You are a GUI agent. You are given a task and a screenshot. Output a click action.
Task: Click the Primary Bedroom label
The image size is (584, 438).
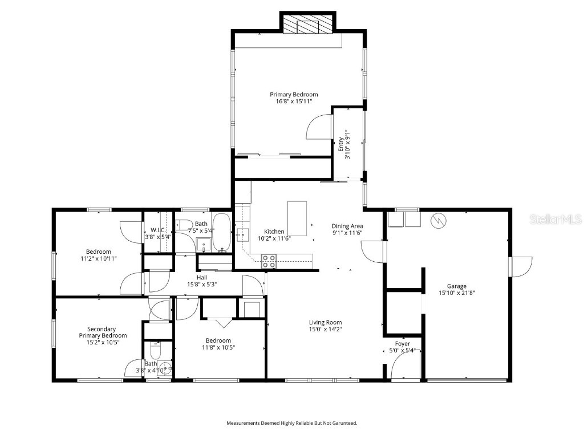coord(294,95)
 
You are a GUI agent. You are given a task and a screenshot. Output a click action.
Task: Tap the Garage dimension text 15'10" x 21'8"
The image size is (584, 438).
coord(456,293)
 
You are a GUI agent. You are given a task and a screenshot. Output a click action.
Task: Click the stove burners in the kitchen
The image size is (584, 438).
coord(269,261)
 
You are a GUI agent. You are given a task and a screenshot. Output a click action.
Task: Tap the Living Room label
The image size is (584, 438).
coord(326,322)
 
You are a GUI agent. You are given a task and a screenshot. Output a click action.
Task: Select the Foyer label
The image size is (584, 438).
coord(403,344)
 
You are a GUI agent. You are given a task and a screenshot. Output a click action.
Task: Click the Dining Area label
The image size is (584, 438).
coord(347,226)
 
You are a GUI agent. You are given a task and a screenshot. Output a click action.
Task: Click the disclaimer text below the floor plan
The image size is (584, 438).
coord(292,423)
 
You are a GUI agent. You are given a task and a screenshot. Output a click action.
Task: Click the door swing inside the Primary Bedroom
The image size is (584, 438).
coord(319,127)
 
